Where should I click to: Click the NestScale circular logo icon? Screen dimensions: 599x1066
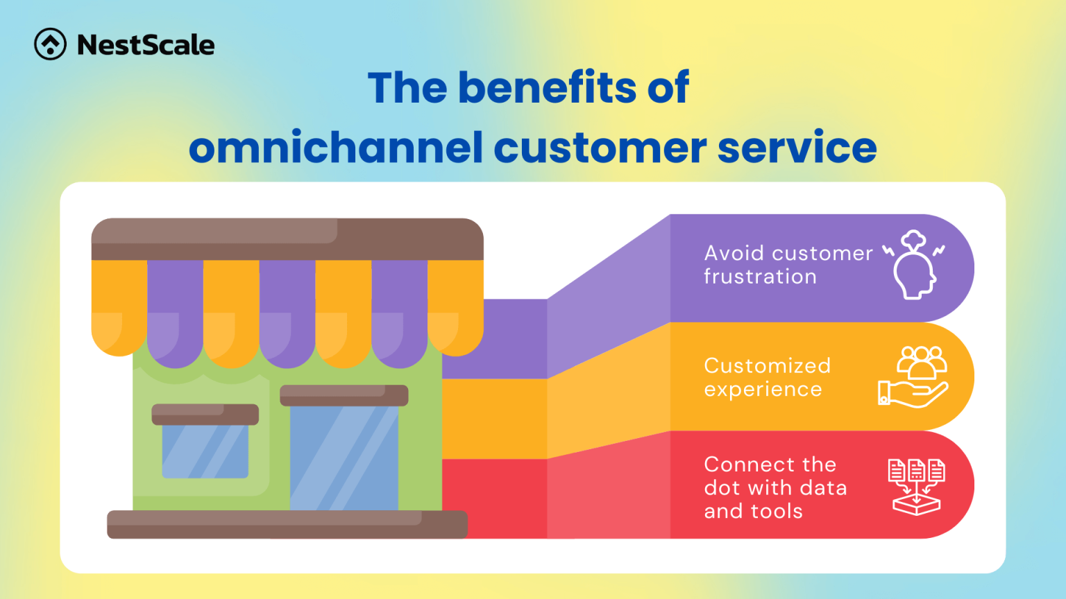point(51,44)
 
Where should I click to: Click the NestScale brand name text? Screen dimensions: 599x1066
point(146,45)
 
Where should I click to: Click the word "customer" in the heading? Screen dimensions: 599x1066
point(600,148)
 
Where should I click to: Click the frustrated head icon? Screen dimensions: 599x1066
point(914,266)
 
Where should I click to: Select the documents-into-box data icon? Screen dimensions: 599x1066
point(916,486)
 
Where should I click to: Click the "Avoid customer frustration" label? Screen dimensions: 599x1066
point(788,265)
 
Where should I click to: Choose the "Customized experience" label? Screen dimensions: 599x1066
point(767,377)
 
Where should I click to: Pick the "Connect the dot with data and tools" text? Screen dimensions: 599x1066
point(775,487)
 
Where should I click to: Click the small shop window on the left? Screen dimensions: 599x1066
point(205,451)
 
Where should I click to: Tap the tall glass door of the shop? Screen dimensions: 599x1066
point(344,458)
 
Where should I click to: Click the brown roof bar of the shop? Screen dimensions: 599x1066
point(287,239)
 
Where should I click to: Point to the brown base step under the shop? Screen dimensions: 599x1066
point(287,524)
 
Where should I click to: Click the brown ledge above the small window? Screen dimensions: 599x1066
point(205,414)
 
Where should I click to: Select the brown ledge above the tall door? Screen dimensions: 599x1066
point(344,395)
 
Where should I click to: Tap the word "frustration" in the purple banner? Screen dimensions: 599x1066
point(760,277)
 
